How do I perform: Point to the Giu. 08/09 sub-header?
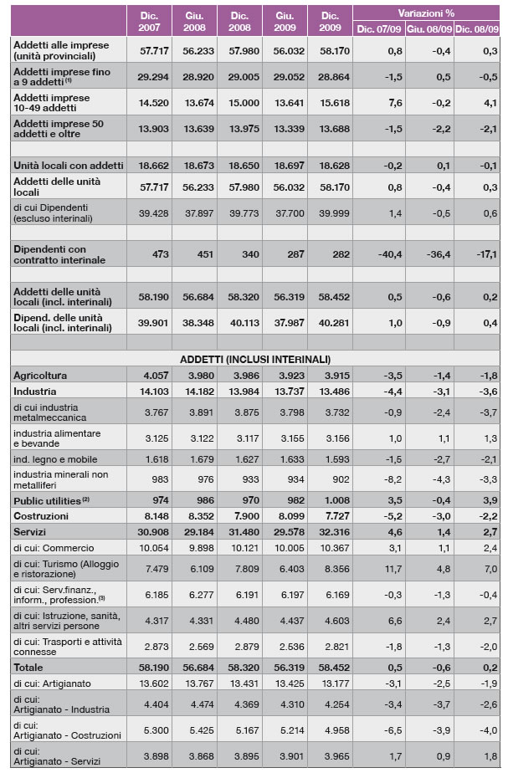point(428,28)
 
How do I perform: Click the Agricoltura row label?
point(40,376)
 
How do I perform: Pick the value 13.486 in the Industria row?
point(331,391)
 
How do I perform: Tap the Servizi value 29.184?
point(196,531)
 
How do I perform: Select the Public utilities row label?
point(49,500)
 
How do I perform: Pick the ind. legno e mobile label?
point(54,459)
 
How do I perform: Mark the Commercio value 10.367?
point(331,547)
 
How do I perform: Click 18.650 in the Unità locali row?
point(240,166)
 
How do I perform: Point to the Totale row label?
point(31,667)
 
